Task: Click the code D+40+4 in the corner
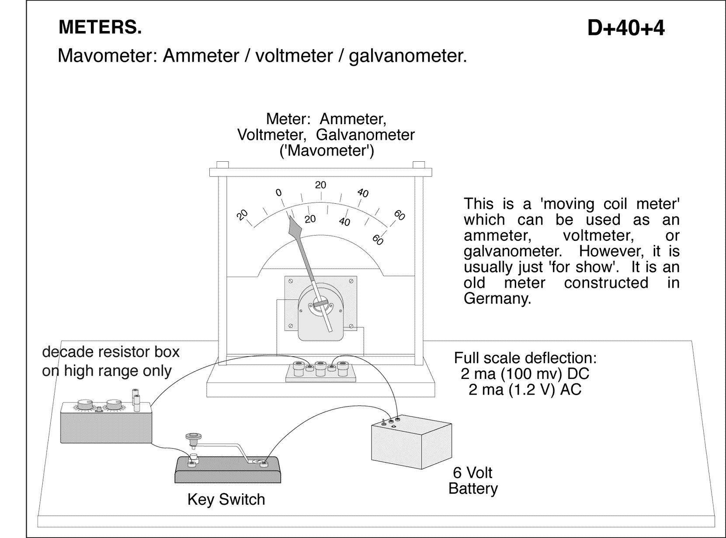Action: pyautogui.click(x=625, y=28)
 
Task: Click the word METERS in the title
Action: pyautogui.click(x=100, y=27)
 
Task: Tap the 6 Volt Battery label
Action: pyautogui.click(x=472, y=480)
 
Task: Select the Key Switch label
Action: pyautogui.click(x=226, y=499)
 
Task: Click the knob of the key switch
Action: pyautogui.click(x=191, y=436)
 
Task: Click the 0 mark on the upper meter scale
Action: pyautogui.click(x=278, y=193)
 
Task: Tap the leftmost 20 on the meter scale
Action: pyautogui.click(x=242, y=215)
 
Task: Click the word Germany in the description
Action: pyautogui.click(x=497, y=299)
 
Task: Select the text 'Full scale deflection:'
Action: pyautogui.click(x=525, y=358)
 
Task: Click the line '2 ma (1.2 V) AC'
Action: pyautogui.click(x=525, y=389)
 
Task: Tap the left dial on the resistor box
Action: pyautogui.click(x=83, y=404)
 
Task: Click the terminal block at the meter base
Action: pyautogui.click(x=320, y=371)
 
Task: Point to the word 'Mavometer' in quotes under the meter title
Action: pyautogui.click(x=327, y=151)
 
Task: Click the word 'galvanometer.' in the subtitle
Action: pyautogui.click(x=408, y=56)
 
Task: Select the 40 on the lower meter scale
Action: pyautogui.click(x=344, y=222)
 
